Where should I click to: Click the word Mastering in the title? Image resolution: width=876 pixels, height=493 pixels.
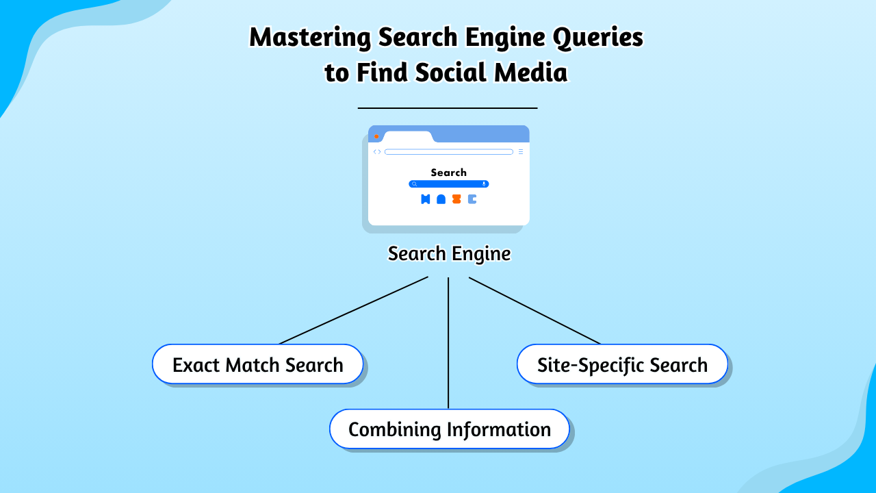coord(304,38)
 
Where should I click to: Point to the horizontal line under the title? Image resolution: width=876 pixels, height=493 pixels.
coord(448,108)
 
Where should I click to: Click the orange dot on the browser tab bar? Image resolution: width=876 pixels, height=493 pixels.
coord(376,136)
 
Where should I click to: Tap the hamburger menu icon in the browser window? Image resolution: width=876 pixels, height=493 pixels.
coord(520,152)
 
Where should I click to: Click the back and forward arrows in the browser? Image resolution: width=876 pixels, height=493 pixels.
coord(377,152)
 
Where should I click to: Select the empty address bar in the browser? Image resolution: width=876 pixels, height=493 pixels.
coord(448,152)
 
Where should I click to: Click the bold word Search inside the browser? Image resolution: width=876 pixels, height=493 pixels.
coord(448,173)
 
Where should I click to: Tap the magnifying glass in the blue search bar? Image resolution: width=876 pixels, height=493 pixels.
coord(414,184)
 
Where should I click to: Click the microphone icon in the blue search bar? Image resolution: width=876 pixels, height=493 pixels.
coord(484,184)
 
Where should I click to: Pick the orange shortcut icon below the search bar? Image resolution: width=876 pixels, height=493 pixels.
coord(456,199)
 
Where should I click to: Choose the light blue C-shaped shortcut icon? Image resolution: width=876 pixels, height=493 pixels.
coord(472,199)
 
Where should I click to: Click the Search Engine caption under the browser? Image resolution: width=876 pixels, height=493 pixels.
coord(449,254)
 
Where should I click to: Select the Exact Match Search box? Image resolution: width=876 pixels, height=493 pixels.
coord(257,364)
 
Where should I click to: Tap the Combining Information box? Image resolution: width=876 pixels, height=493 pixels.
coord(449,429)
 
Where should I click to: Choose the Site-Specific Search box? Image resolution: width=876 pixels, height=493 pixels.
coord(622,364)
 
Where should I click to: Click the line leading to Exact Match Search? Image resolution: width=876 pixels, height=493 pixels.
coord(354,310)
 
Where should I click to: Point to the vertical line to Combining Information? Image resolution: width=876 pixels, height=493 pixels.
coord(448,342)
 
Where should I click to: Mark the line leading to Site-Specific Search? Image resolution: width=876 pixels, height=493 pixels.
coord(534,310)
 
